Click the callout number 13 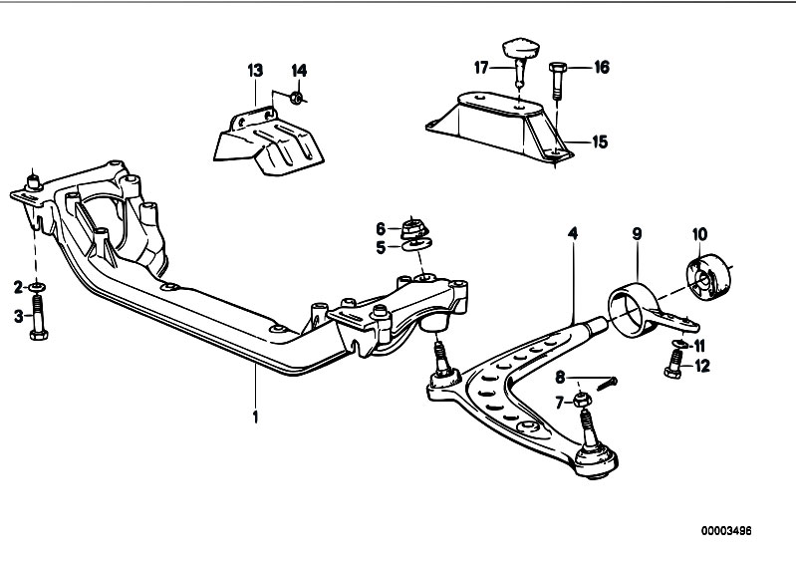[255, 70]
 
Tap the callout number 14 [299, 71]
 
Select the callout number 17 [481, 67]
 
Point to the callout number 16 [601, 67]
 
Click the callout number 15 [600, 141]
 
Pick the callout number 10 [699, 234]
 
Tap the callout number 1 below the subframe [255, 417]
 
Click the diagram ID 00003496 [726, 531]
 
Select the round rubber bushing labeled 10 [709, 277]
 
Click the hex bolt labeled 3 [39, 318]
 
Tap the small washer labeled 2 [36, 288]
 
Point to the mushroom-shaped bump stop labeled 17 [520, 60]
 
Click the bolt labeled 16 [556, 82]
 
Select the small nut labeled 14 [298, 97]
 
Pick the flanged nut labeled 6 [414, 228]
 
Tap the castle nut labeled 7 [582, 400]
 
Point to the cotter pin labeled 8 [607, 384]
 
